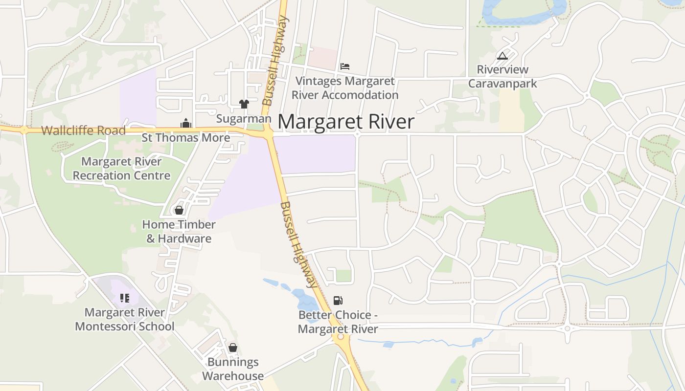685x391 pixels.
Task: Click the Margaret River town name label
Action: click(x=346, y=122)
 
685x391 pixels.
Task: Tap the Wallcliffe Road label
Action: click(x=83, y=130)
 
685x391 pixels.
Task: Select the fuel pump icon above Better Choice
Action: click(x=338, y=300)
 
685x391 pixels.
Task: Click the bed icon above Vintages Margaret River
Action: click(x=345, y=66)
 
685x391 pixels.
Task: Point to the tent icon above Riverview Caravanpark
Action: click(x=502, y=56)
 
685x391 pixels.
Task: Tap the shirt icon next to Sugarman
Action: click(x=244, y=104)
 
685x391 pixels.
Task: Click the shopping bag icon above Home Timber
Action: click(x=179, y=210)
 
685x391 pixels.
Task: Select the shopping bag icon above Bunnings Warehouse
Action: click(x=233, y=348)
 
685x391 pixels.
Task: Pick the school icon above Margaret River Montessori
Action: click(x=124, y=298)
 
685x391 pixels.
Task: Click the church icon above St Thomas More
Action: click(x=185, y=124)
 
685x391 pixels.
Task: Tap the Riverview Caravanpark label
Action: click(x=502, y=77)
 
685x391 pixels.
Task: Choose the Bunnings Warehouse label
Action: click(x=233, y=369)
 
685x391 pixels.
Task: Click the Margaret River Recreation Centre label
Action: click(x=121, y=168)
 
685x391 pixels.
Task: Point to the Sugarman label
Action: click(x=244, y=119)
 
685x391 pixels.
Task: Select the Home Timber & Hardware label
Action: click(x=179, y=232)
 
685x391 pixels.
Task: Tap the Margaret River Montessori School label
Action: click(x=124, y=319)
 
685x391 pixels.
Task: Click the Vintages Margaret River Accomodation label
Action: click(x=345, y=88)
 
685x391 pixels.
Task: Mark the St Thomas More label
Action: click(x=186, y=138)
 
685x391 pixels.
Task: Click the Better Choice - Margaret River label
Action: click(x=338, y=322)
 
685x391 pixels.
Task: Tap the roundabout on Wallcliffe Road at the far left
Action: click(x=23, y=130)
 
